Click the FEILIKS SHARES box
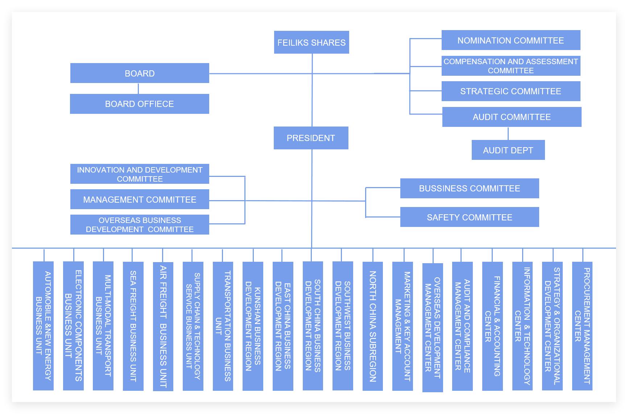tap(311, 42)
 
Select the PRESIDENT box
tap(311, 138)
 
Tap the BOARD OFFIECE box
tap(140, 104)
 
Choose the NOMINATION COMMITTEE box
tap(511, 40)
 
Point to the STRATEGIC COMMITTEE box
tap(511, 91)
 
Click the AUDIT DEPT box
tap(508, 150)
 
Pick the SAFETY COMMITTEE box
tap(470, 217)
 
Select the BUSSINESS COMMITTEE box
tap(470, 188)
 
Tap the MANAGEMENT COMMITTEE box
tap(140, 199)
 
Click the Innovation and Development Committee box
tap(140, 174)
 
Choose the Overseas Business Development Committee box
tap(140, 225)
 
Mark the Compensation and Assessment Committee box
tap(511, 66)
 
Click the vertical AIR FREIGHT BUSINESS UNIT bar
tap(163, 326)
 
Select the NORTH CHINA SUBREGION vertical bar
tap(373, 326)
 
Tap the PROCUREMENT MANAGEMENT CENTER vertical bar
tap(582, 326)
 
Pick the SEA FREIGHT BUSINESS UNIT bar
tap(133, 326)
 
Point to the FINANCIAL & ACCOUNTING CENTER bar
tap(492, 326)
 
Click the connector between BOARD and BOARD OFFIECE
tap(138, 88)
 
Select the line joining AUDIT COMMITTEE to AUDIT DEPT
tap(508, 133)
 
